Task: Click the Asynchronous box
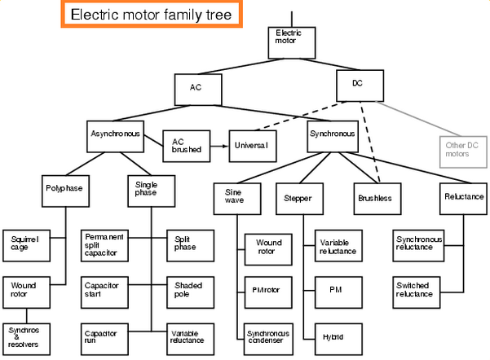coord(114,133)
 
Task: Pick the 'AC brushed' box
coord(186,146)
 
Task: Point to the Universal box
coord(254,144)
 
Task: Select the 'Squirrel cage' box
coord(25,243)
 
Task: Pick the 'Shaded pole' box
coord(192,290)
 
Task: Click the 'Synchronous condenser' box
coord(270,336)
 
